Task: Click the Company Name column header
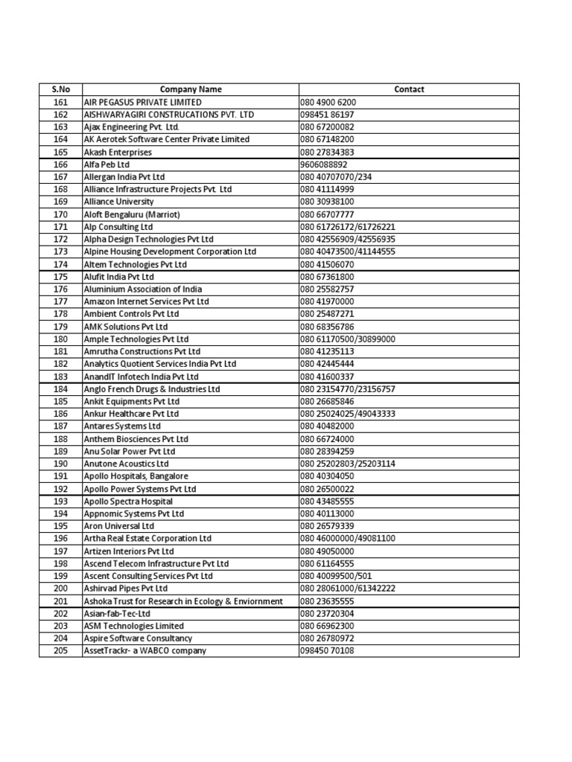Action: coord(191,89)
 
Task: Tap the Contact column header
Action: coord(409,89)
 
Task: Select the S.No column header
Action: coord(60,89)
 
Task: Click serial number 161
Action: coord(60,102)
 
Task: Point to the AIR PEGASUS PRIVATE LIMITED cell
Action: coord(142,102)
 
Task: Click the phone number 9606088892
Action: coord(324,164)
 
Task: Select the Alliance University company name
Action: coord(119,202)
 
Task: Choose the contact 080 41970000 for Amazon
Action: coord(328,301)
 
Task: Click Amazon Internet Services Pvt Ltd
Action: coord(147,301)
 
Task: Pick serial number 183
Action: coord(60,377)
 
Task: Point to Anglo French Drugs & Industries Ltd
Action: coord(152,389)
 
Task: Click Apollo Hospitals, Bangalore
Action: coord(136,476)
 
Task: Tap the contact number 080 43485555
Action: coord(328,502)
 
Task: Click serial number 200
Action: coord(60,589)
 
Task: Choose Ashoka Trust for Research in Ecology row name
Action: coord(183,601)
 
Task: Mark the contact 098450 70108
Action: coord(328,651)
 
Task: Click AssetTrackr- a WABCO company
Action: coord(145,651)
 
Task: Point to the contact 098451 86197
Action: coord(328,115)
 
